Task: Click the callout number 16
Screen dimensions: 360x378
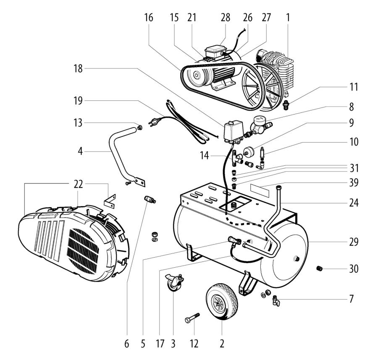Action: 149,18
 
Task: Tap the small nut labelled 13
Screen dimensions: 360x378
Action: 139,127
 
